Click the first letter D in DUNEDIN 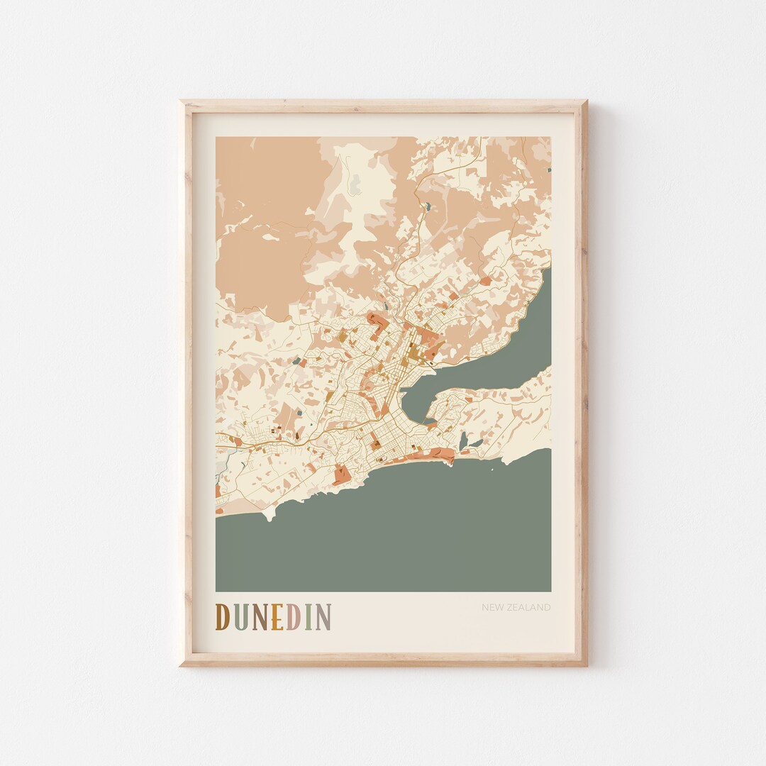223,617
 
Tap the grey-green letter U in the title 238,617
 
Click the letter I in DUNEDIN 307,617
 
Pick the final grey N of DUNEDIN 322,617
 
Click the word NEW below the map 492,608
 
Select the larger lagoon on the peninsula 464,440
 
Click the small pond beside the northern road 426,207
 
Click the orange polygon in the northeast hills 485,282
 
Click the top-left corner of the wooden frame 182,102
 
